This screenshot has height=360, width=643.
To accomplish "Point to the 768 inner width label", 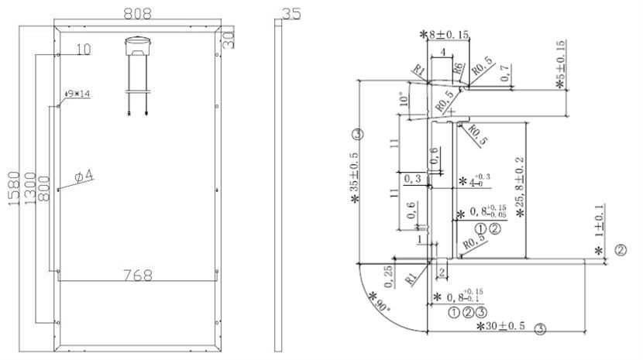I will [137, 274].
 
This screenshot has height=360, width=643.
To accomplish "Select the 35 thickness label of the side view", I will [291, 14].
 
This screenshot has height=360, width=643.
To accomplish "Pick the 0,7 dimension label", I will [505, 74].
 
